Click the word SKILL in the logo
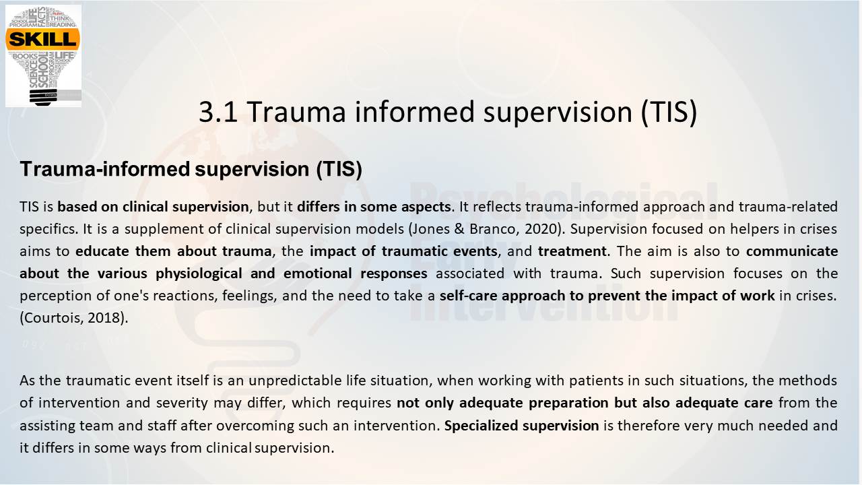(42, 39)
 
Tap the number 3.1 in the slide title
(218, 112)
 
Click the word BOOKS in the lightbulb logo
(25, 57)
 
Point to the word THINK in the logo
(60, 18)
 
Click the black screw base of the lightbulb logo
(43, 97)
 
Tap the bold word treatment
(572, 251)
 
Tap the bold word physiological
(199, 274)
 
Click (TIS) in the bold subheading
(339, 169)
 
